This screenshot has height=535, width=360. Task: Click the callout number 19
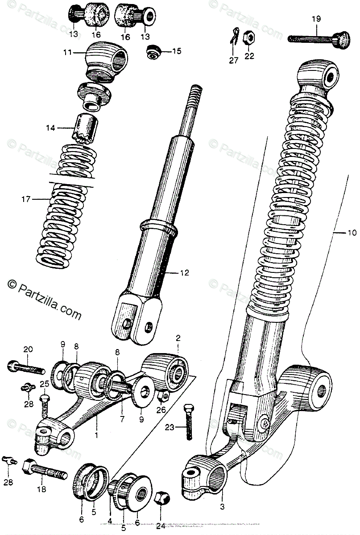pos(316,19)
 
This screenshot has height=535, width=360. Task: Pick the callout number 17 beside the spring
pos(25,199)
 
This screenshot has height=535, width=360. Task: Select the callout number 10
pos(352,233)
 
